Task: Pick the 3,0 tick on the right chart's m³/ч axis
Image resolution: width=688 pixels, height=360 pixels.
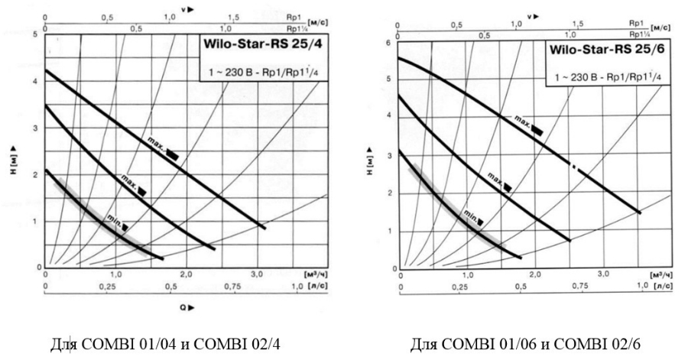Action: [x=603, y=274]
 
